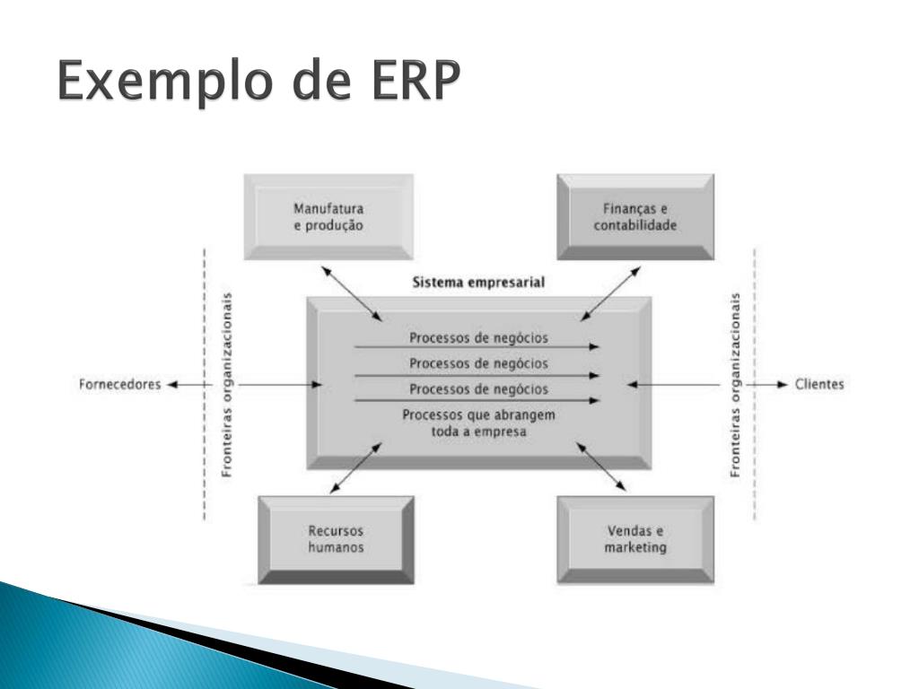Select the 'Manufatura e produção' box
pos(328,217)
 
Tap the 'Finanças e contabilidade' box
pos(635,217)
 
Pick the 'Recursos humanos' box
pos(336,539)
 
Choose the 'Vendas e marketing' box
pos(635,539)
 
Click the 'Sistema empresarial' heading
pos(478,283)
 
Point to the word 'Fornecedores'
pos(119,384)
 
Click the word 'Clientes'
pos(819,384)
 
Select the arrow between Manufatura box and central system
pos(352,293)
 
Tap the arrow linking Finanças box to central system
pos(610,293)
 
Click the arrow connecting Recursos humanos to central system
pos(355,468)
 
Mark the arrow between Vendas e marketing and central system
pos(600,467)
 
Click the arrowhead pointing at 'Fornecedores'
pos(171,385)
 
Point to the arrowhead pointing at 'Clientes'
pos(782,385)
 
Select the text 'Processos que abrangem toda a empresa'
pos(478,423)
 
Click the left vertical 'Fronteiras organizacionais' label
pos(227,384)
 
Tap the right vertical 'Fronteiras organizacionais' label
pos(735,384)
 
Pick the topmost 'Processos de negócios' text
pos(478,338)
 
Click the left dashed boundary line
pos(204,384)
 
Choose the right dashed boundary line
pos(754,384)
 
